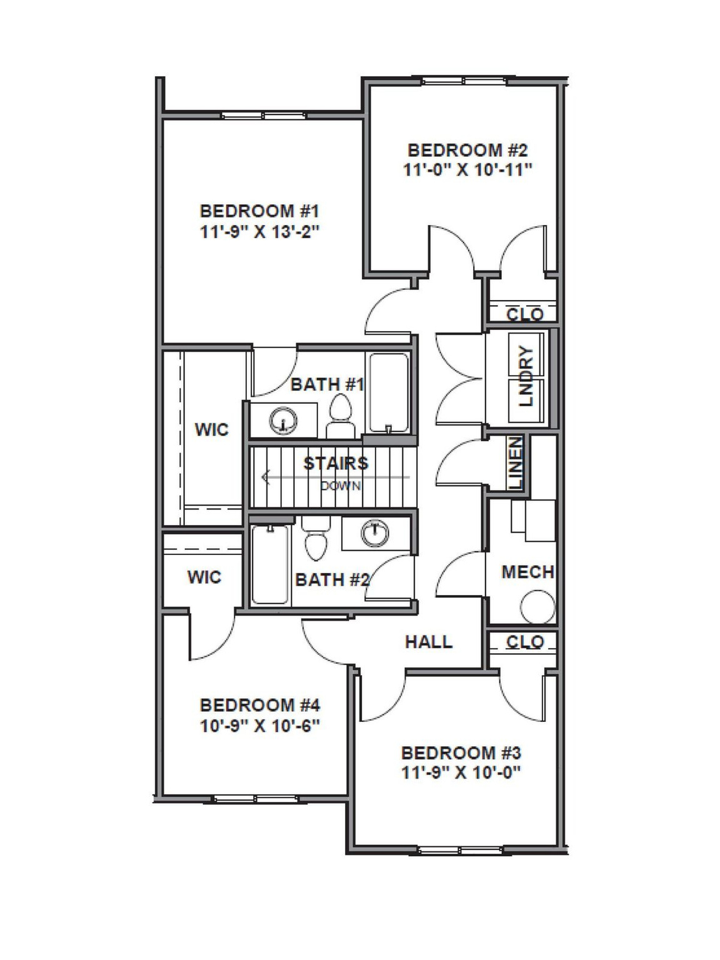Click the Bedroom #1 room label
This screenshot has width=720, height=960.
coord(259,211)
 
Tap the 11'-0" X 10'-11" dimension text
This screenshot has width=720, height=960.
coord(467,170)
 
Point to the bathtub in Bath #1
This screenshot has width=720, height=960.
coord(389,392)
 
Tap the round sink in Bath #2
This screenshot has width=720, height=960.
coord(374,532)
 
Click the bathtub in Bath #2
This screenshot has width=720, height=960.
coord(270,565)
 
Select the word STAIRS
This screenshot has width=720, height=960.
coord(336,463)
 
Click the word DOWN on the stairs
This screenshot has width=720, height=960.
coord(341,485)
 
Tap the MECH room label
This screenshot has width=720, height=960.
coord(527,572)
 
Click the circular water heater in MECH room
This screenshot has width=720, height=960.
coord(537,606)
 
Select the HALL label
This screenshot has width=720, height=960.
coord(429,642)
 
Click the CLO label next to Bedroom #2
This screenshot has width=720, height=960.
coord(525,314)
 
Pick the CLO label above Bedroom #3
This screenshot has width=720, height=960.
coord(525,642)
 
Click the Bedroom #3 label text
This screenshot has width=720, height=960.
coord(461,752)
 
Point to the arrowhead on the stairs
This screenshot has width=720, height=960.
coord(266,477)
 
